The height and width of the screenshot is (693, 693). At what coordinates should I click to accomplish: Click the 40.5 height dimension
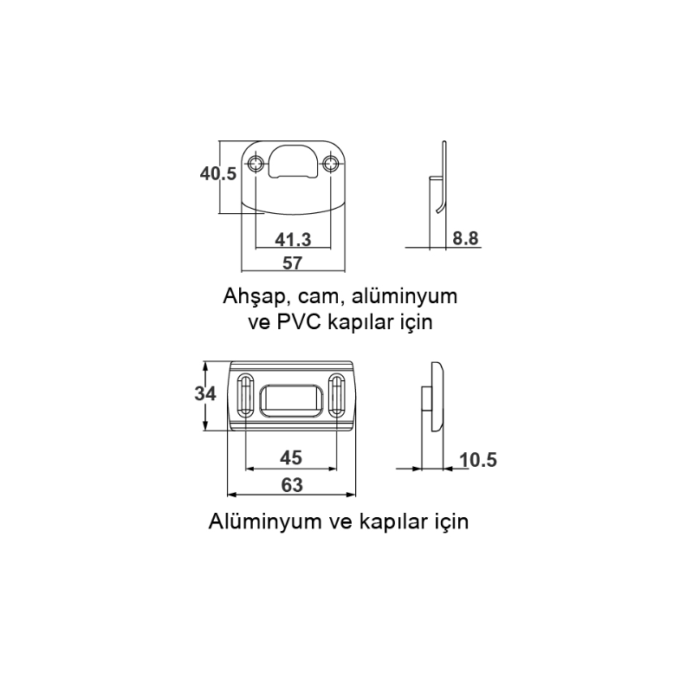click(218, 174)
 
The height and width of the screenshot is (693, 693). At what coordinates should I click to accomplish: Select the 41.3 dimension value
click(293, 240)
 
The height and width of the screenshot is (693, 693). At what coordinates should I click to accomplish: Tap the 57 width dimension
click(292, 263)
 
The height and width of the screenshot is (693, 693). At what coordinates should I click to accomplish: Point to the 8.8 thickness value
click(465, 238)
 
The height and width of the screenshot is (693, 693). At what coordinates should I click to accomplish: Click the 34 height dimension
click(205, 393)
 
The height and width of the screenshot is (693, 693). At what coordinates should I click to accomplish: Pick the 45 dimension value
click(291, 458)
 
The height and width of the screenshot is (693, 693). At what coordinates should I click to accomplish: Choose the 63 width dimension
click(292, 485)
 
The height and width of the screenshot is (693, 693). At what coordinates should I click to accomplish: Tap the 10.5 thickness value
click(478, 460)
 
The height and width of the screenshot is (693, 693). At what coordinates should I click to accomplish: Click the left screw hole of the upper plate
click(256, 164)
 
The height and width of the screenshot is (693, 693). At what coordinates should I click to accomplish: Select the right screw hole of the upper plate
click(330, 164)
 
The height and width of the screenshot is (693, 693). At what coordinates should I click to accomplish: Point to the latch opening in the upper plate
click(293, 162)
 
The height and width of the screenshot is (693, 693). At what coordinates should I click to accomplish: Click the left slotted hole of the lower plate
click(245, 395)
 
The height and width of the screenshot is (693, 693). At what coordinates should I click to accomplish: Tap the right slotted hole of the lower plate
click(336, 395)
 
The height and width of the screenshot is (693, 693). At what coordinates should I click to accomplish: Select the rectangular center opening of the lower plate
click(291, 401)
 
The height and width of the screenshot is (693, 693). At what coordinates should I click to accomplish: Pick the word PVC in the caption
click(299, 321)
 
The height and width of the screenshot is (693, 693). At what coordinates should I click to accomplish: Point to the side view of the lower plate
click(432, 397)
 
